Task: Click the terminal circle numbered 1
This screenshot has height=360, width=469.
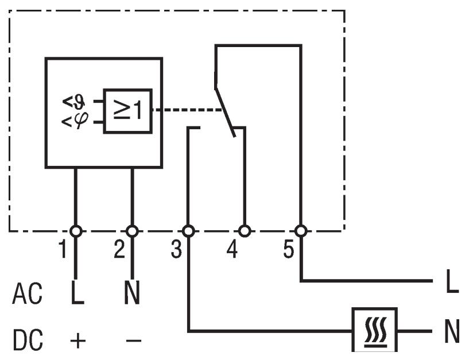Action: pyautogui.click(x=75, y=231)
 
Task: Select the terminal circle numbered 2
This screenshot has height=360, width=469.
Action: pyautogui.click(x=132, y=231)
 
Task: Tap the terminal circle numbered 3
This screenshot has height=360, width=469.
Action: pyautogui.click(x=188, y=231)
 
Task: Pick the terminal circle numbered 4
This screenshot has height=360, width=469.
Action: pyautogui.click(x=245, y=231)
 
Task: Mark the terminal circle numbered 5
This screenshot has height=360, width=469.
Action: pyautogui.click(x=300, y=231)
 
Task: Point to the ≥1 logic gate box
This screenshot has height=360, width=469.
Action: pyautogui.click(x=127, y=111)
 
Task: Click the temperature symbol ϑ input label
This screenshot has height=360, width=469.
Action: pyautogui.click(x=74, y=102)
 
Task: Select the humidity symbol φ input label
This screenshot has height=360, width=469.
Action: pyautogui.click(x=74, y=121)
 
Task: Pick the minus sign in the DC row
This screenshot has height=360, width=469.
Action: pyautogui.click(x=133, y=341)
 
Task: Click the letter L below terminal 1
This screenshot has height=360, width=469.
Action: pyautogui.click(x=77, y=294)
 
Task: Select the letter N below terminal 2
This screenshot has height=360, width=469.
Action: pyautogui.click(x=132, y=294)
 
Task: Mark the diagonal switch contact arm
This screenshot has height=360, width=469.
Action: pyautogui.click(x=224, y=113)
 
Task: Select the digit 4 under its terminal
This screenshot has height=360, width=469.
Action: pyautogui.click(x=232, y=250)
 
